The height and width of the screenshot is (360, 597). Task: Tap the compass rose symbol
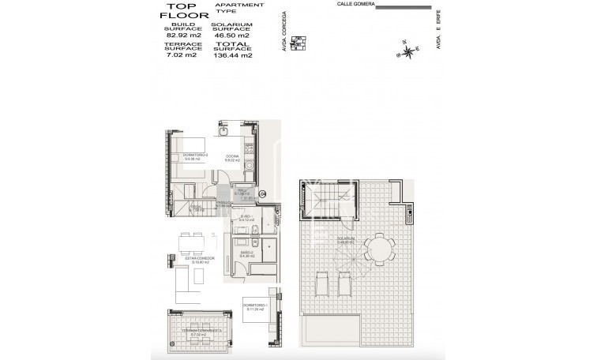click(x=407, y=52)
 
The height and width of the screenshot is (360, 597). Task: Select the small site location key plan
click(x=298, y=43)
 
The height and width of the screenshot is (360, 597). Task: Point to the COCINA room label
click(x=231, y=156)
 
